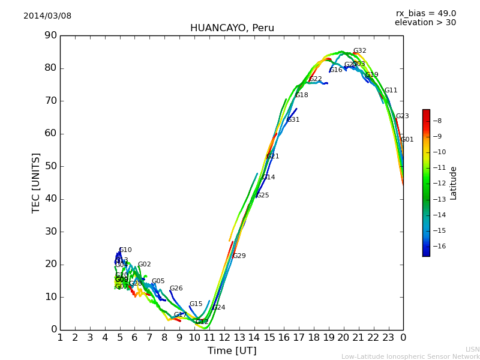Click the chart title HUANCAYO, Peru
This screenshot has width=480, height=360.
(232, 28)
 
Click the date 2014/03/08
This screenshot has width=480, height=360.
(47, 16)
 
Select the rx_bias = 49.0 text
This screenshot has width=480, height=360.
(425, 14)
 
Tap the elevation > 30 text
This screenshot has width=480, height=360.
(425, 23)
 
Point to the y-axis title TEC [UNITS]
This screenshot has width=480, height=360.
(36, 182)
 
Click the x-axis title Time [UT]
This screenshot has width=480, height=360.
(232, 351)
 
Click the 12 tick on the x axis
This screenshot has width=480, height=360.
(224, 337)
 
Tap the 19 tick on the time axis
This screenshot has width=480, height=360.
(329, 337)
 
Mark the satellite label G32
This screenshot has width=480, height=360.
(359, 51)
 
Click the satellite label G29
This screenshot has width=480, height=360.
(239, 256)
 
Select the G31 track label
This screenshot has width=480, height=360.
(293, 120)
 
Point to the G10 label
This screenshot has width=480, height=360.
(125, 250)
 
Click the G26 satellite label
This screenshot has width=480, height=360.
(176, 289)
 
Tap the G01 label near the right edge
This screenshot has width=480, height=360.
(407, 140)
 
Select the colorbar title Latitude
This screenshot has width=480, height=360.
(454, 182)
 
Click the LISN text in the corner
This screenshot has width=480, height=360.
(472, 349)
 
